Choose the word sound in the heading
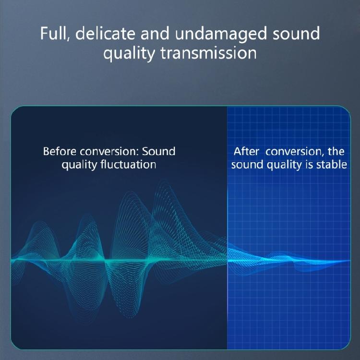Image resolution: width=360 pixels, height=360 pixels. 296,34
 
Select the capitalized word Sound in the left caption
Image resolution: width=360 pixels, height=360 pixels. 159,152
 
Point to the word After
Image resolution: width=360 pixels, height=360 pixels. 246,152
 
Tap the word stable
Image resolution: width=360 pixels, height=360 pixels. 331,165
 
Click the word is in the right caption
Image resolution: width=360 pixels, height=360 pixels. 310,165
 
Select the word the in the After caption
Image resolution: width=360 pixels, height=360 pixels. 336,152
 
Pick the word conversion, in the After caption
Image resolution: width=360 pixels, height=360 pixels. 295,152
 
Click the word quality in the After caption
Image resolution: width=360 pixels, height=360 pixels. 286,165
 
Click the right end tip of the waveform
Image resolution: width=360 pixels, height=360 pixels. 349,261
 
